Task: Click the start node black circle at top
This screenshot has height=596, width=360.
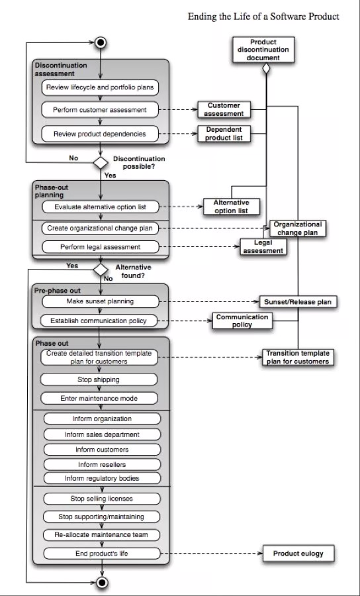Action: pos(100,43)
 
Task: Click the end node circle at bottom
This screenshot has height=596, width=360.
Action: pos(101,582)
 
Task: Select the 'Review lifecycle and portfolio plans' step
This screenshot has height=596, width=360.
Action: pos(101,87)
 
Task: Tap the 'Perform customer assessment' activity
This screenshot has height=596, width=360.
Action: pos(101,109)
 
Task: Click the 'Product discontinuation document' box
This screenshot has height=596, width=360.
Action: pos(263,50)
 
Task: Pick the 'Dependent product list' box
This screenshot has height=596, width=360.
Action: pos(224,134)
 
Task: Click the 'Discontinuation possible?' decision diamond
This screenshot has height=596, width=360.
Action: pos(100,162)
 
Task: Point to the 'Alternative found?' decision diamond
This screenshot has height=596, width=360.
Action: pos(100,270)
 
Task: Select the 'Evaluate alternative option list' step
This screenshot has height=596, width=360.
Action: pos(101,207)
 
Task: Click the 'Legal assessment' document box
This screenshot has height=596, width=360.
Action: pos(263,247)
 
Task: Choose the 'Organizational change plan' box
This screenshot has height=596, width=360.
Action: pos(297,228)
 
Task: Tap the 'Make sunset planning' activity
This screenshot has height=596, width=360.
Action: pos(101,301)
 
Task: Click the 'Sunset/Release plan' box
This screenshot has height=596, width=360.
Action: pos(297,302)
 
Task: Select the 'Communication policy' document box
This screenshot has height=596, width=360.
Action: pos(242,321)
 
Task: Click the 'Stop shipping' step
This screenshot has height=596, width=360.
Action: pos(99,379)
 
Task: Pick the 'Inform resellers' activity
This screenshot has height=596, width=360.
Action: pos(102,464)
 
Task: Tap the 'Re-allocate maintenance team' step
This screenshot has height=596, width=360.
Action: pos(102,534)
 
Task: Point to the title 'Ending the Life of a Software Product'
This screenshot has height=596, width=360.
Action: pos(263,16)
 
